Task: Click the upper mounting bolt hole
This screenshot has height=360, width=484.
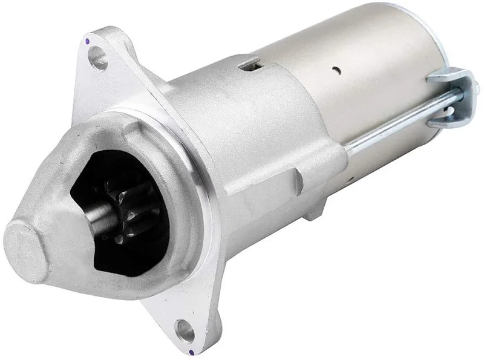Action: coord(97,59)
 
